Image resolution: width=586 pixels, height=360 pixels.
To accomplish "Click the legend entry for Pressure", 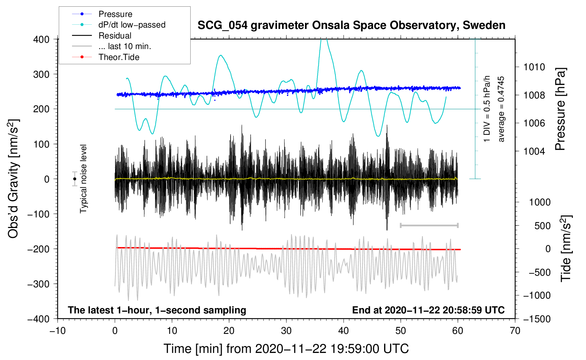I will [115, 14].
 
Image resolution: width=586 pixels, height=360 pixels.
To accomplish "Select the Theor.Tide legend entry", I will [119, 57].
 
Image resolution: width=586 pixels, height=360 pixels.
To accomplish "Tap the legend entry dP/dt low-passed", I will [132, 25].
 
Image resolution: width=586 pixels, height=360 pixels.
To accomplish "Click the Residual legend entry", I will [115, 36].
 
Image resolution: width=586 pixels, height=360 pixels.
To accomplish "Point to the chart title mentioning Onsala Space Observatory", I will [351, 25].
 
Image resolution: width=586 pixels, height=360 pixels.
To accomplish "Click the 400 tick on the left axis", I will [41, 40].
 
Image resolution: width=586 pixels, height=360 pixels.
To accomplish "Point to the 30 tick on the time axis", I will [286, 331].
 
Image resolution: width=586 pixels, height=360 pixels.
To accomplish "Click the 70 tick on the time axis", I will [515, 331].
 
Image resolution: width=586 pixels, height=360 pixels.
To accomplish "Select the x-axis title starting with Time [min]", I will [286, 349].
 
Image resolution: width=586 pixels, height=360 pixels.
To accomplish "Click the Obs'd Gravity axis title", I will [13, 179].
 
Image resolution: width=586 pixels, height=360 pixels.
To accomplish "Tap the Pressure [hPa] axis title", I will [560, 109].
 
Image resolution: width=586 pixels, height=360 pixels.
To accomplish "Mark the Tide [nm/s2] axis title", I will [566, 248].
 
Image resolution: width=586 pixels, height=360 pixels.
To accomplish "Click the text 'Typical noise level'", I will [83, 179].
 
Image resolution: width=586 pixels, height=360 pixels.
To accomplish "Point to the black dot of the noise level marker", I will [74, 179].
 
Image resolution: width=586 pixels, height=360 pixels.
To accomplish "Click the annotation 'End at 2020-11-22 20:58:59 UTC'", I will [428, 310].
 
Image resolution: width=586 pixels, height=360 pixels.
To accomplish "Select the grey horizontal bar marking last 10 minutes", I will [429, 225].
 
